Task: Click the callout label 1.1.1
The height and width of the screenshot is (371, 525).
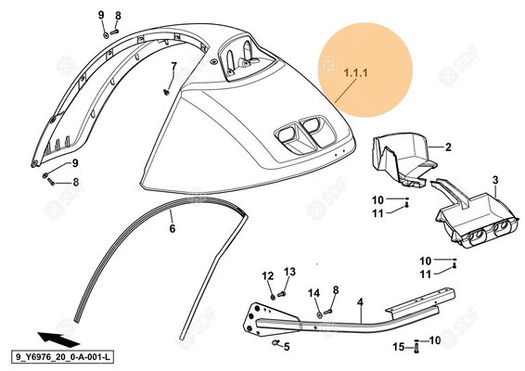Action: click(x=355, y=72)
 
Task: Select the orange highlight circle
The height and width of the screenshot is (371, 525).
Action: click(x=365, y=70)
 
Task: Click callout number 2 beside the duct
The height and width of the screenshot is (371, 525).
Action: click(x=448, y=147)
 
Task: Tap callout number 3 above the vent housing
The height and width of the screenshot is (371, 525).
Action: click(x=495, y=180)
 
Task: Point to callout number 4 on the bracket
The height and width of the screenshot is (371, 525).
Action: click(x=360, y=302)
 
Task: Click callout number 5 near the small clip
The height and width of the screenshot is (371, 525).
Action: click(x=287, y=347)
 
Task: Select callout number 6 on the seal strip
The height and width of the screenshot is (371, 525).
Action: click(x=173, y=229)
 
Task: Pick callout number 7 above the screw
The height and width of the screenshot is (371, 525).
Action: click(x=173, y=66)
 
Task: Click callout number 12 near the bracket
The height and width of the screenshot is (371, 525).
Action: click(x=268, y=275)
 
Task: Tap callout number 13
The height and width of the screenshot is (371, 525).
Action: click(x=290, y=272)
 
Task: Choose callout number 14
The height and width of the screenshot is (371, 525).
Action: click(x=314, y=293)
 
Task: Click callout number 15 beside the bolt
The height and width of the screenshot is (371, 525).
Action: click(x=399, y=347)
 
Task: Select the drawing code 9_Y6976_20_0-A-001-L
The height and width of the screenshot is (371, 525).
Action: click(x=63, y=357)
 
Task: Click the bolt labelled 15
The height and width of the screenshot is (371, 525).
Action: click(x=416, y=347)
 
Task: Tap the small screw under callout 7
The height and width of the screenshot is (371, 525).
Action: click(x=166, y=92)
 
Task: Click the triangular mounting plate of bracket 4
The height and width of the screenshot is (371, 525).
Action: click(x=264, y=319)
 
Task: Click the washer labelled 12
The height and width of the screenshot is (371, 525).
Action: click(x=273, y=296)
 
